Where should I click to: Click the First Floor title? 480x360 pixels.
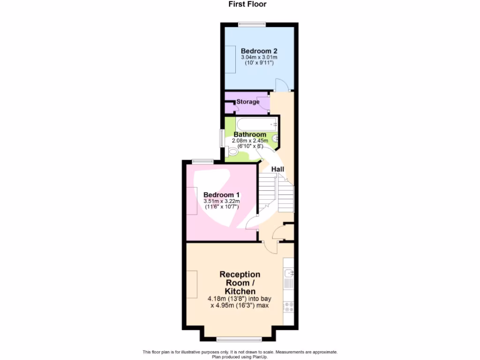click(247, 4)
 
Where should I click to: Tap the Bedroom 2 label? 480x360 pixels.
click(259, 51)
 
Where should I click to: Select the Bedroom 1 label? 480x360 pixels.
click(222, 195)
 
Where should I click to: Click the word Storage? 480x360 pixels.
click(248, 102)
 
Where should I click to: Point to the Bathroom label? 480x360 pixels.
click(250, 135)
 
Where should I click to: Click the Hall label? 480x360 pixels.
click(277, 169)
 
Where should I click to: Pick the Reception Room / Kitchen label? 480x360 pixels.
click(240, 283)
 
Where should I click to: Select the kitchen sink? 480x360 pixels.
click(289, 273)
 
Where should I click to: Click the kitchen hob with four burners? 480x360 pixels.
click(289, 307)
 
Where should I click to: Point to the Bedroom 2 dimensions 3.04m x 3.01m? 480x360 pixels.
click(259, 58)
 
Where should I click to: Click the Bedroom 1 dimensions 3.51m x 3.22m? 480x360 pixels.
click(222, 202)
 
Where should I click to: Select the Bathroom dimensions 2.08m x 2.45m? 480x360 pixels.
click(250, 141)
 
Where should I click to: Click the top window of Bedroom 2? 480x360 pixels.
click(252, 24)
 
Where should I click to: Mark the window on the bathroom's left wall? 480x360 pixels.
click(223, 139)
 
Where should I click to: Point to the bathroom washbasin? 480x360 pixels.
click(276, 138)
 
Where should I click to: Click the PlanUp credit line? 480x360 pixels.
click(240, 357)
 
